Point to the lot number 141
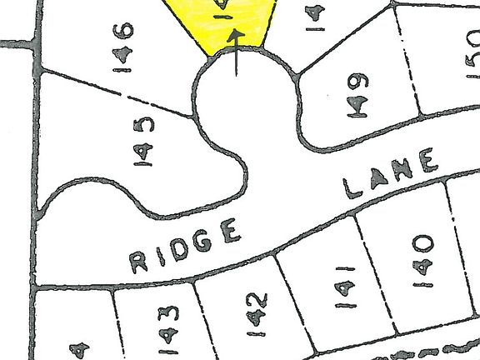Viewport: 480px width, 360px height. click(x=345, y=287)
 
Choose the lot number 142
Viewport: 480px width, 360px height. click(x=256, y=312)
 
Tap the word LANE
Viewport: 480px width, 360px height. click(x=392, y=175)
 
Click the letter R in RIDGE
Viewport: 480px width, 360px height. click(x=138, y=263)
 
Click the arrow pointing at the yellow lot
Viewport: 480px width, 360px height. click(x=236, y=53)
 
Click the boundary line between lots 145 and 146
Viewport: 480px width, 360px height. click(x=117, y=92)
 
